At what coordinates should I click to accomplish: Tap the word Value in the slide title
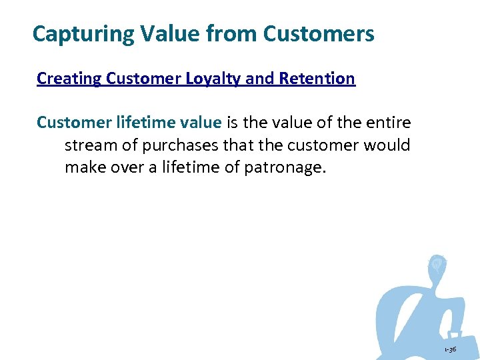157,33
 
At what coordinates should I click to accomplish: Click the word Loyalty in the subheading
210,79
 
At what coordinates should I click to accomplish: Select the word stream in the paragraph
90,145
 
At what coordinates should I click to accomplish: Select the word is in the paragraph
233,123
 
